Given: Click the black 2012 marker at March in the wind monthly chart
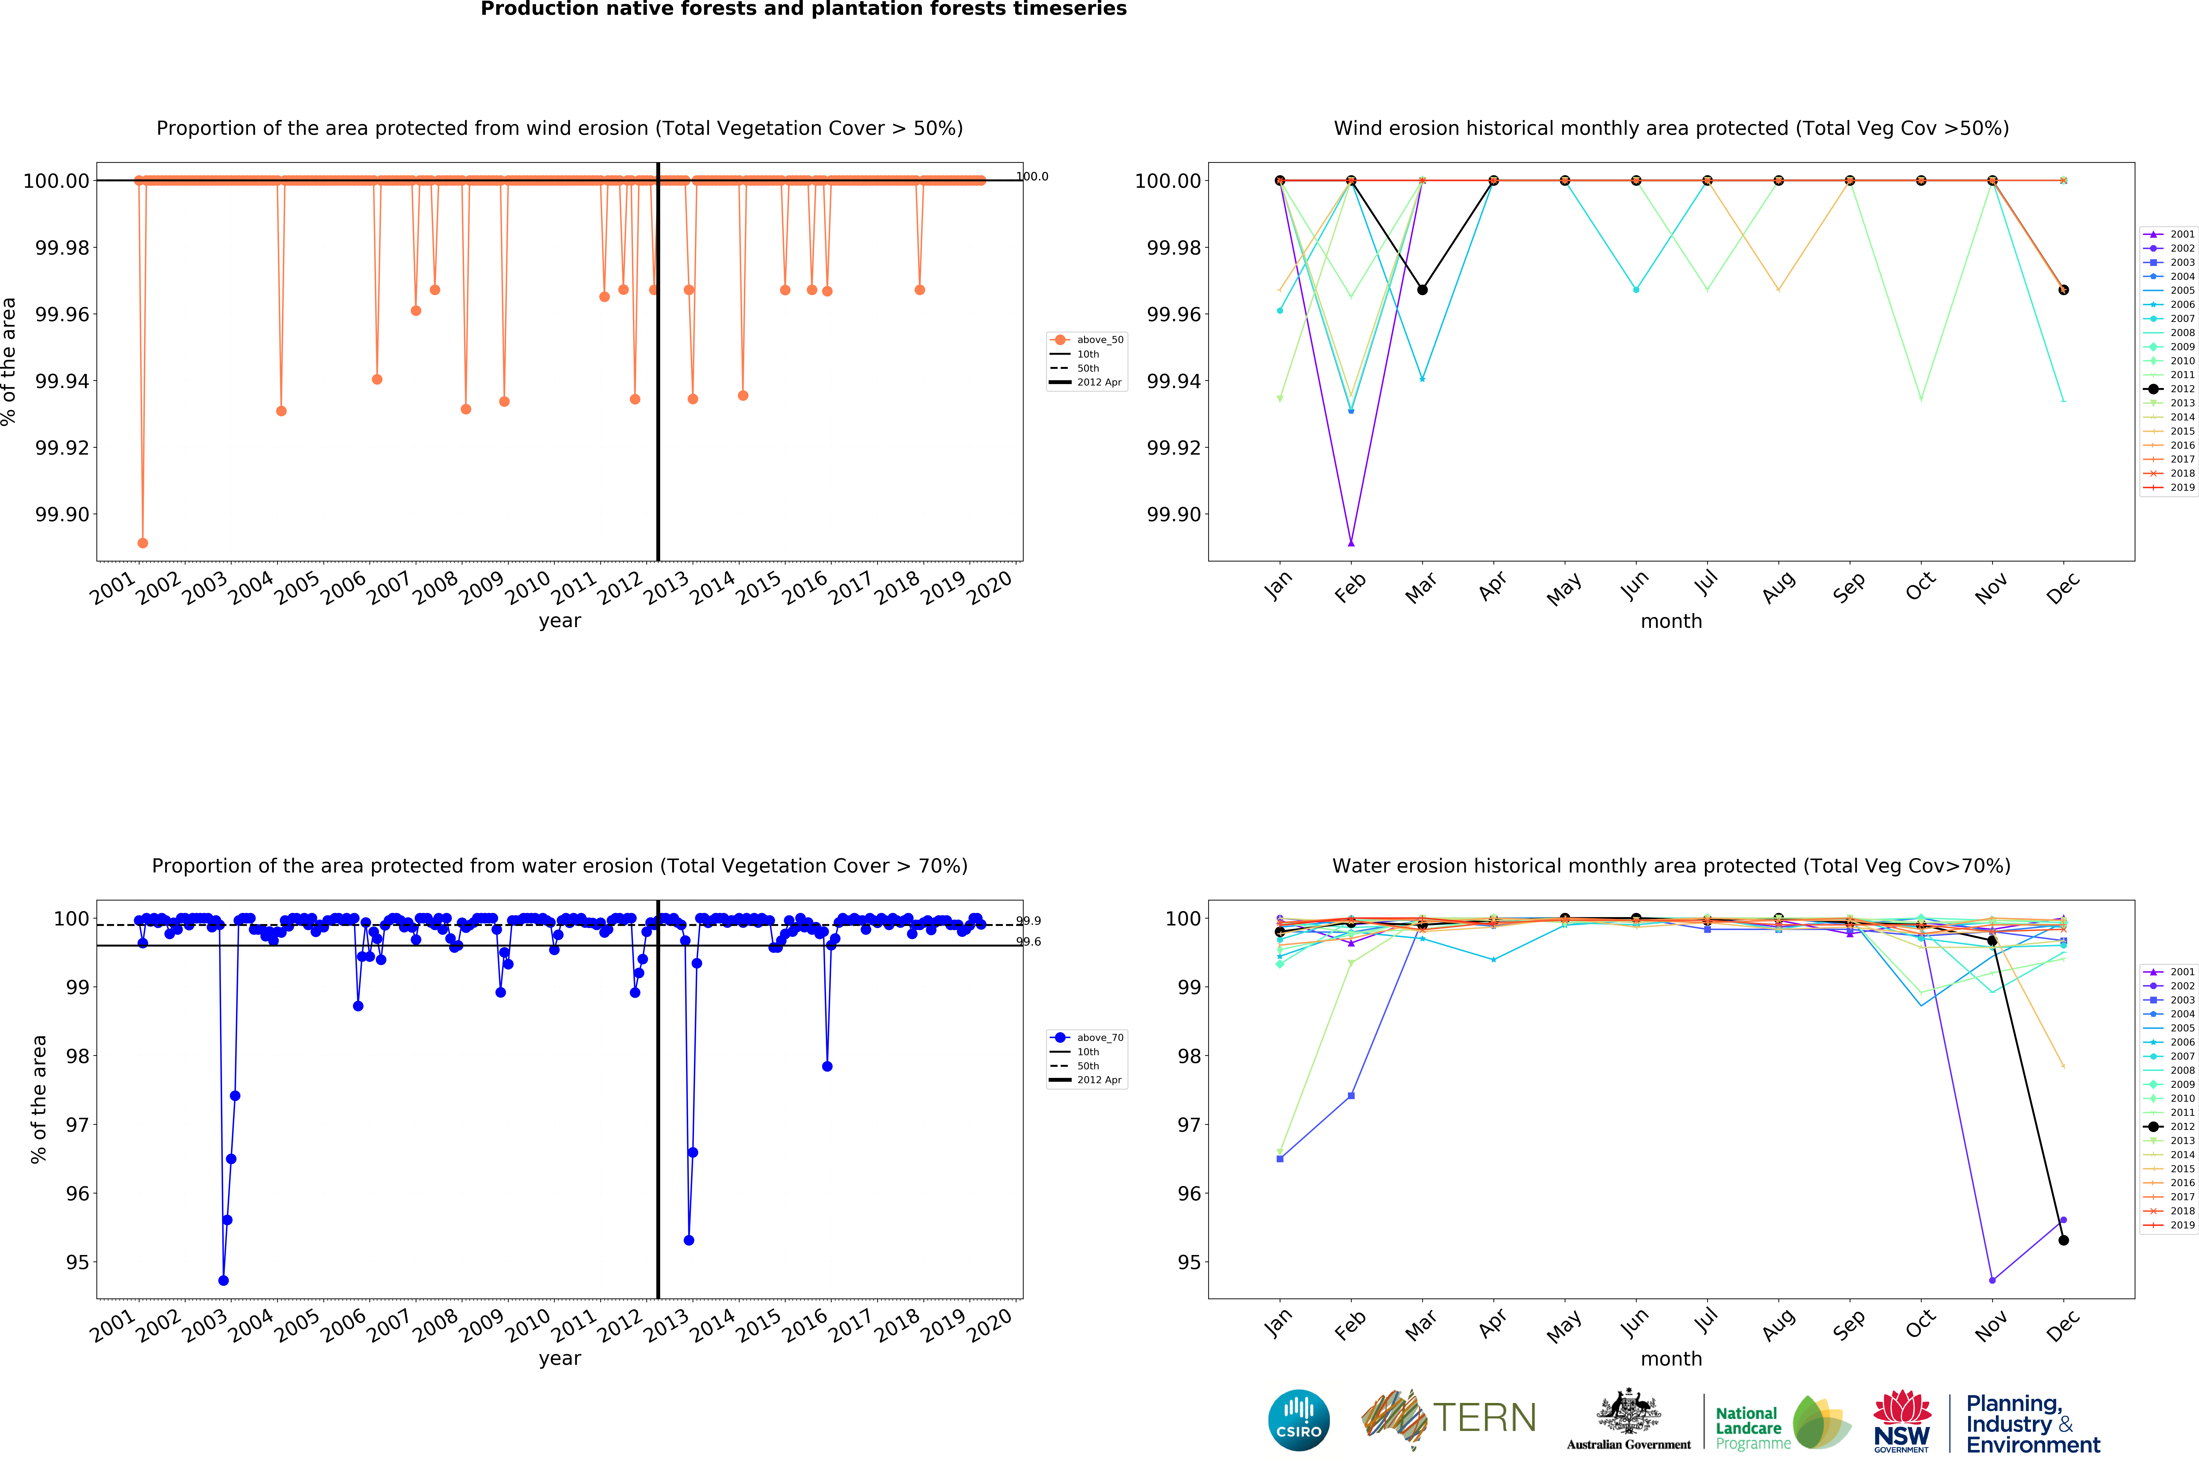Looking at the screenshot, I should [1422, 290].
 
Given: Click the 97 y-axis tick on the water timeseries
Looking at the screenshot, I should [77, 1125].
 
